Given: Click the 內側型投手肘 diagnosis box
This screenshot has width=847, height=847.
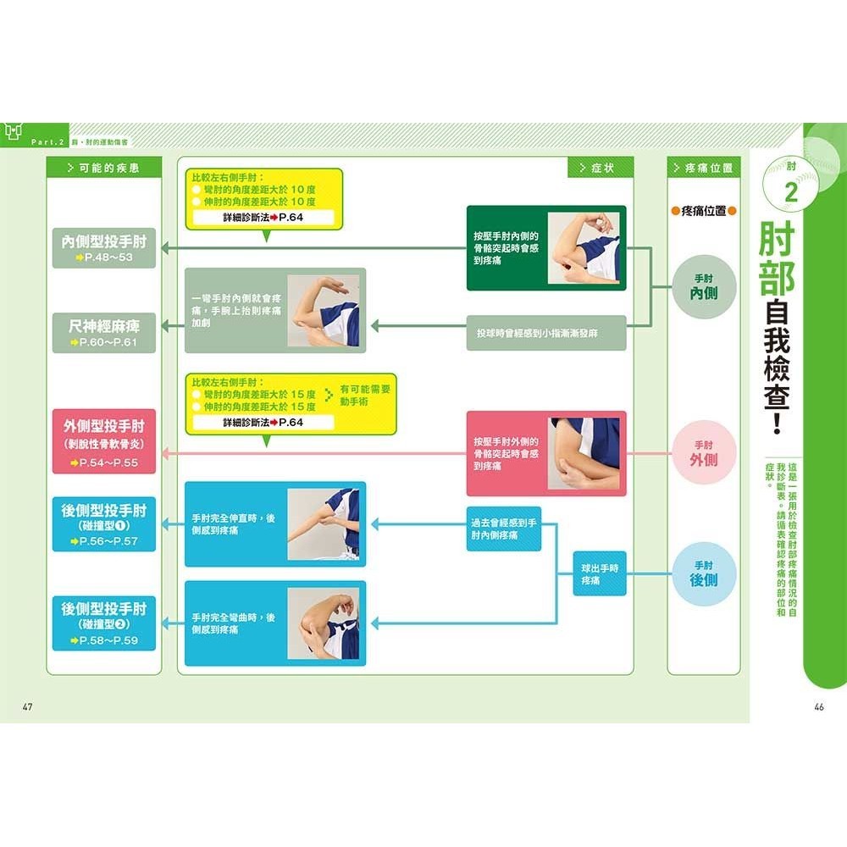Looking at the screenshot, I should [x=104, y=248].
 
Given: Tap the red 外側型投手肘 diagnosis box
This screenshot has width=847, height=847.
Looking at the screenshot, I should [x=104, y=441].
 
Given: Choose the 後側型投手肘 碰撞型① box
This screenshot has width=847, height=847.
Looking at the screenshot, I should [x=104, y=524].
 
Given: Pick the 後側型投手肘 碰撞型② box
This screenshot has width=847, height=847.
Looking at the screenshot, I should [x=104, y=623].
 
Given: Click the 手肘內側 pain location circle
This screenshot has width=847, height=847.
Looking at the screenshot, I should [x=704, y=285].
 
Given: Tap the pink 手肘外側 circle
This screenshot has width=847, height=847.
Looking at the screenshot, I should [x=704, y=452].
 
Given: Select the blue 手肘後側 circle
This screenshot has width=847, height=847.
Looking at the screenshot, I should [x=704, y=573].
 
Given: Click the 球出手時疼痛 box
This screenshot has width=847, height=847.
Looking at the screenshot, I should [x=600, y=573].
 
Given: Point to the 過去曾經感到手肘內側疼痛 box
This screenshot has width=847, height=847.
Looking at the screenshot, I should [x=503, y=529].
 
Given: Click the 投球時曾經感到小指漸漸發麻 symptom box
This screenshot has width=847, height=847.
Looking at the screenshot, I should [x=545, y=333].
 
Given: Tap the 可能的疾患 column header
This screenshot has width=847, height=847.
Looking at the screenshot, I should [x=103, y=168].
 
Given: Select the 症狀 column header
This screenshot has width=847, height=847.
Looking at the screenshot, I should [x=601, y=168].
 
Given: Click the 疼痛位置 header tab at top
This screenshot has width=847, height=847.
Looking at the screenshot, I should [x=703, y=168].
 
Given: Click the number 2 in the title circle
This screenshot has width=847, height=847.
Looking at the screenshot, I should [x=792, y=193].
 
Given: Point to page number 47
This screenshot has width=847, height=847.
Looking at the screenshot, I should [x=27, y=707].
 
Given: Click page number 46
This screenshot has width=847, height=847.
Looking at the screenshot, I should [x=818, y=707].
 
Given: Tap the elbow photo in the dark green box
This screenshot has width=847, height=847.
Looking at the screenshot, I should [x=584, y=247].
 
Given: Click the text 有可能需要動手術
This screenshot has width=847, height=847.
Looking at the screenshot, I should [x=365, y=395].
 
